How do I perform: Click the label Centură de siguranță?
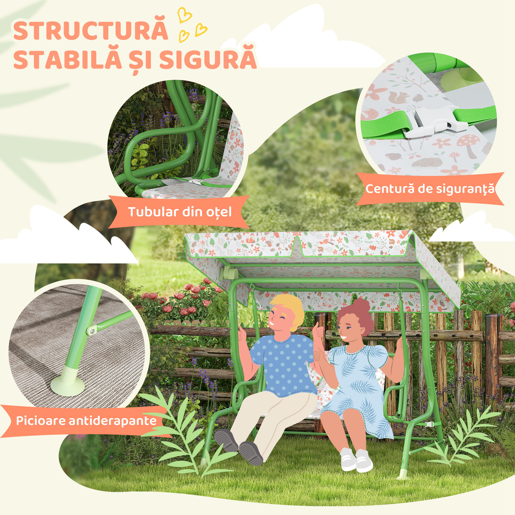point(430,189)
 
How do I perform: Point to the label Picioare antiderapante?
point(86,421)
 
